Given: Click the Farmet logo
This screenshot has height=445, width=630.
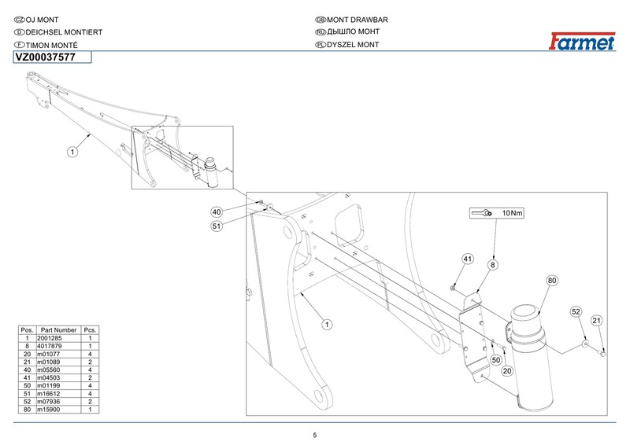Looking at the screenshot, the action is click(582, 41).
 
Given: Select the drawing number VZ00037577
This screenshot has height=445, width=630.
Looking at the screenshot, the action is click(46, 57).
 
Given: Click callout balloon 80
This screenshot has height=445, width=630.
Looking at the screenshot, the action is click(552, 281).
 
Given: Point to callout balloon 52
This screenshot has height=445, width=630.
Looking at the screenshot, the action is click(576, 312).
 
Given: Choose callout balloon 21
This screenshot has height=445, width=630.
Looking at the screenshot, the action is click(597, 321).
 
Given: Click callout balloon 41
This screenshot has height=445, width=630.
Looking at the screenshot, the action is click(468, 259).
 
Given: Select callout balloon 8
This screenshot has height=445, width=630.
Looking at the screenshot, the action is click(493, 265).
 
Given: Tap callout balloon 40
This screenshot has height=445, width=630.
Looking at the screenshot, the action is click(217, 211).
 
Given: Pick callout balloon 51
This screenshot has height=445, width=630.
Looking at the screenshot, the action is click(217, 226).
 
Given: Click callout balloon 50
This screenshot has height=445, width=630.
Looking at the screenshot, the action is click(496, 360).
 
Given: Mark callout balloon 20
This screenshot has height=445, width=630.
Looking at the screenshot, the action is click(507, 371).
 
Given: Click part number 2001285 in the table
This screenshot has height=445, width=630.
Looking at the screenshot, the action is click(50, 338).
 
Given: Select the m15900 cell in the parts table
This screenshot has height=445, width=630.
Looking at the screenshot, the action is click(49, 410).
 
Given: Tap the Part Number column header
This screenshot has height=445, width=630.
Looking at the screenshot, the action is click(58, 330).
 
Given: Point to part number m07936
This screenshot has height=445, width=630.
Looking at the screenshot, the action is click(49, 402).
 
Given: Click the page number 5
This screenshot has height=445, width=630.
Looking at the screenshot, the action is click(315, 436).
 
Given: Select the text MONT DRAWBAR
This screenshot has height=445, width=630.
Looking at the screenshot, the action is click(358, 20).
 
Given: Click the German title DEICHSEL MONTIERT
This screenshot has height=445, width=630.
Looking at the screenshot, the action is click(64, 32).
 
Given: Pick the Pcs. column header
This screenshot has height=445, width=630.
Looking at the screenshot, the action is click(90, 330).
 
